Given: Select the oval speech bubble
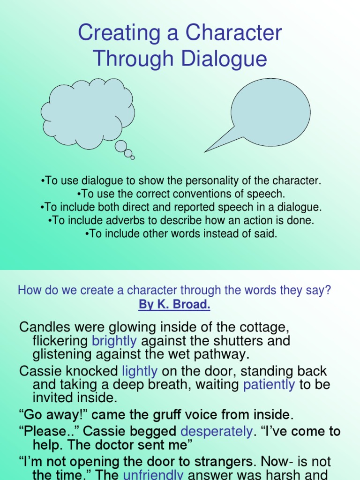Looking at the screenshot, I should click(x=270, y=112).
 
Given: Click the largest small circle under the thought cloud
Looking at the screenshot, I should click(x=120, y=146).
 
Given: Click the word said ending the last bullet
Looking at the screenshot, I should click(x=268, y=234).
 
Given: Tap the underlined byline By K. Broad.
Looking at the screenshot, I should click(x=174, y=305).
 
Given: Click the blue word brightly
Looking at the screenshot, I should click(x=115, y=340).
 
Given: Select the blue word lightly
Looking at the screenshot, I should click(x=140, y=371).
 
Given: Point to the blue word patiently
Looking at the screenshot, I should click(x=269, y=385).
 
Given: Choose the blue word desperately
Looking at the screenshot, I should click(x=217, y=431).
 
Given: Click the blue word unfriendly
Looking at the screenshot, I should click(x=153, y=474).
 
